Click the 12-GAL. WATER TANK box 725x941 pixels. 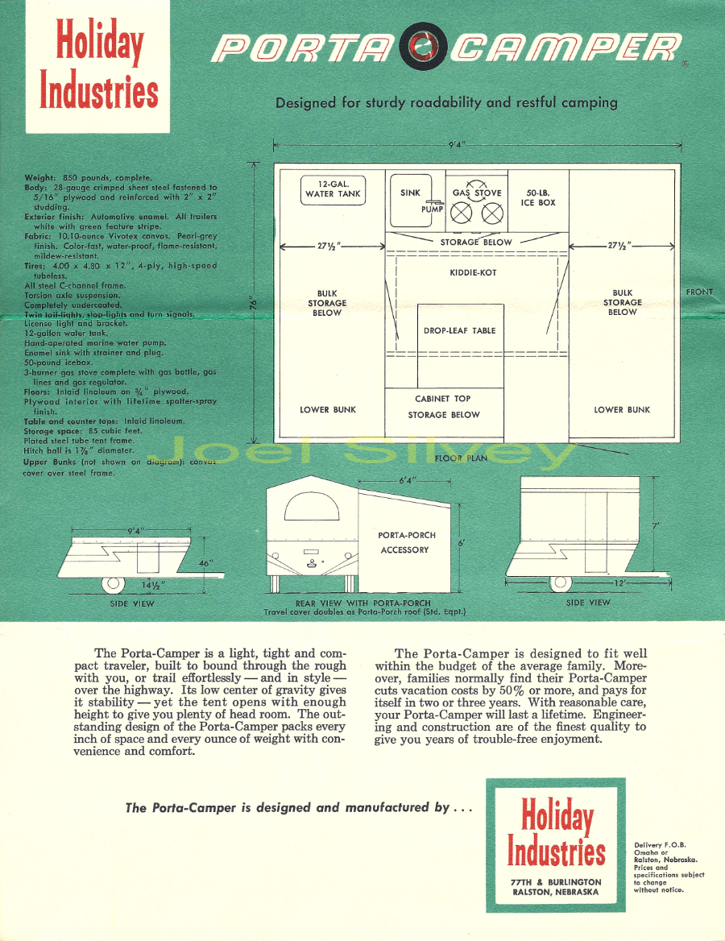coord(333,189)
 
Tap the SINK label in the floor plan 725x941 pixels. coord(411,193)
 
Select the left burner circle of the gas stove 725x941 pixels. coord(461,213)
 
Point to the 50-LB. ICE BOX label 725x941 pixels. coord(538,198)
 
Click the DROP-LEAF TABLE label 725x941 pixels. coord(460,330)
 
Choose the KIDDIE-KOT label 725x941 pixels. coord(473,272)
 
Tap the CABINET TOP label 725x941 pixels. coord(443,399)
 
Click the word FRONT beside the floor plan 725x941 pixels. coord(700,292)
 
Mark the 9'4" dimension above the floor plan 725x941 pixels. coord(458,145)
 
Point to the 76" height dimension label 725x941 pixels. coord(253,305)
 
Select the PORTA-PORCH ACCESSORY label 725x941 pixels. coord(406,542)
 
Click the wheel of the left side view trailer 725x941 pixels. coord(112,584)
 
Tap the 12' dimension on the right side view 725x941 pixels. coord(619,582)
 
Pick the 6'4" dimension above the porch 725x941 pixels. coord(407,481)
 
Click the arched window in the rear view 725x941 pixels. coord(312,507)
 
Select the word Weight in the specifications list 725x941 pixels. coord(39,178)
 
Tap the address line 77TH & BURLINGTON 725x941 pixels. coord(556,882)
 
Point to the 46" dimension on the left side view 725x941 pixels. coord(206,563)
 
